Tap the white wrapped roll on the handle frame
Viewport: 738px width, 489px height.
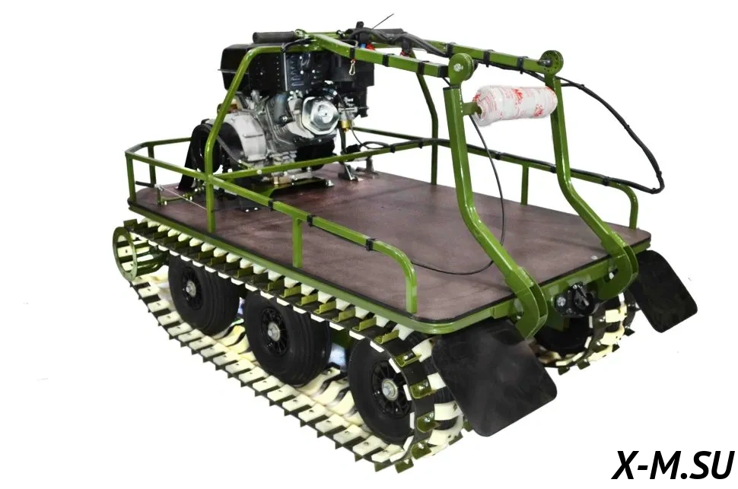pyautogui.click(x=516, y=103)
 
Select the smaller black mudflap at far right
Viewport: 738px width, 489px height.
pyautogui.click(x=663, y=291)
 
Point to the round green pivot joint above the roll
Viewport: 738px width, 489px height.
pyautogui.click(x=460, y=68)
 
